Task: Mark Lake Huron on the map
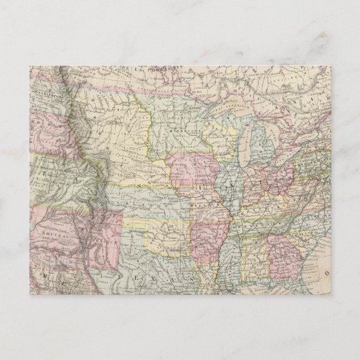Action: pyautogui.click(x=270, y=129)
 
